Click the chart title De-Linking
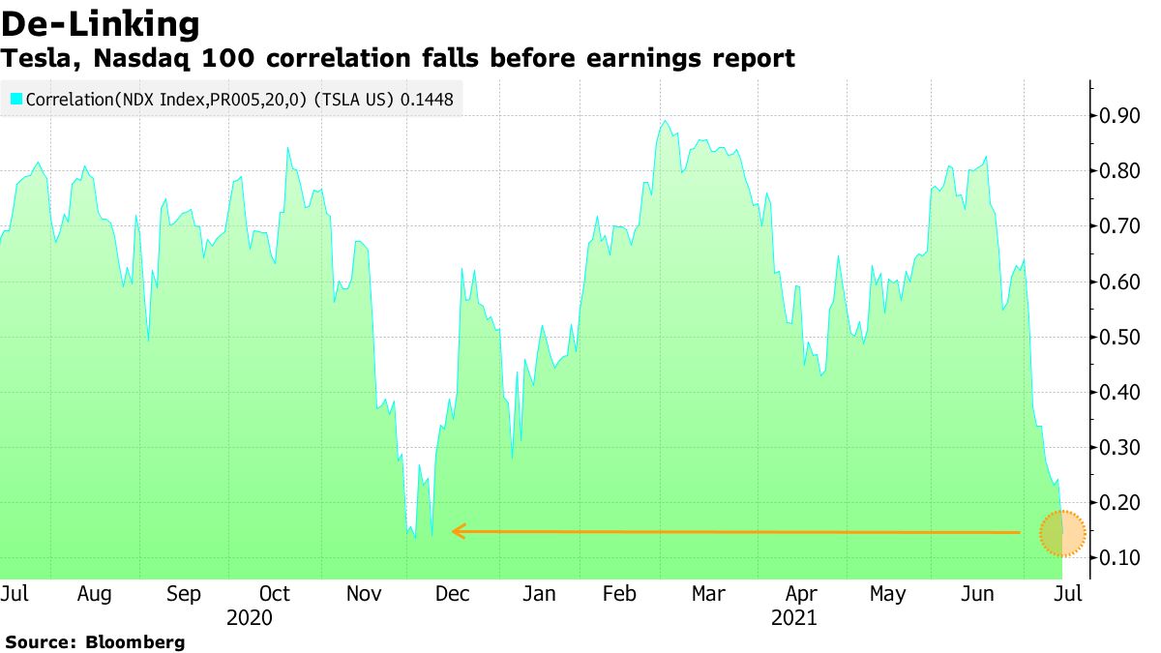coord(101,23)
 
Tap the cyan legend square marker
coord(16,99)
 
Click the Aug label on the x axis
coord(94,594)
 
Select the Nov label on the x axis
coord(366,594)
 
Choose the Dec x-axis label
coord(451,594)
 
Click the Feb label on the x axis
coord(619,594)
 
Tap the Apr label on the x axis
coord(801,594)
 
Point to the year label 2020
coord(250,617)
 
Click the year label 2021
coord(793,617)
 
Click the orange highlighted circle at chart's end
coord(1062,533)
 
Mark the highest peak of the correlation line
coord(665,122)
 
